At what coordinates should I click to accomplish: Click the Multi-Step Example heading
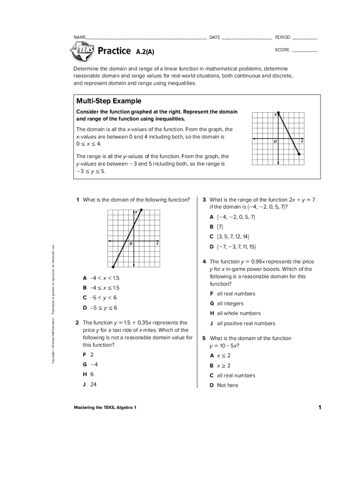tap(108, 101)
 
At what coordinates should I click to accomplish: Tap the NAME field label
tap(79, 37)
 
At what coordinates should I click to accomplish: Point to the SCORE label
tap(282, 50)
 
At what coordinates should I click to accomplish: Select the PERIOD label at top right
tap(282, 37)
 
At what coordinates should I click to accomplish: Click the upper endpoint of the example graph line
tap(279, 113)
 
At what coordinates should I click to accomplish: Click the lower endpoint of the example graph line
tap(299, 154)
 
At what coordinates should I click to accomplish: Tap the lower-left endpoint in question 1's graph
tap(113, 267)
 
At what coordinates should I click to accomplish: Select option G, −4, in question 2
tap(90, 364)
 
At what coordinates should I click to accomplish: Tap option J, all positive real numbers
tap(242, 323)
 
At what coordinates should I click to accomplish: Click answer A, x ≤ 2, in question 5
tap(220, 356)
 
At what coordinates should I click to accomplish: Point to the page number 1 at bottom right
tap(320, 407)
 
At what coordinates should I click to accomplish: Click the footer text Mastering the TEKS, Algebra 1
tap(105, 408)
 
